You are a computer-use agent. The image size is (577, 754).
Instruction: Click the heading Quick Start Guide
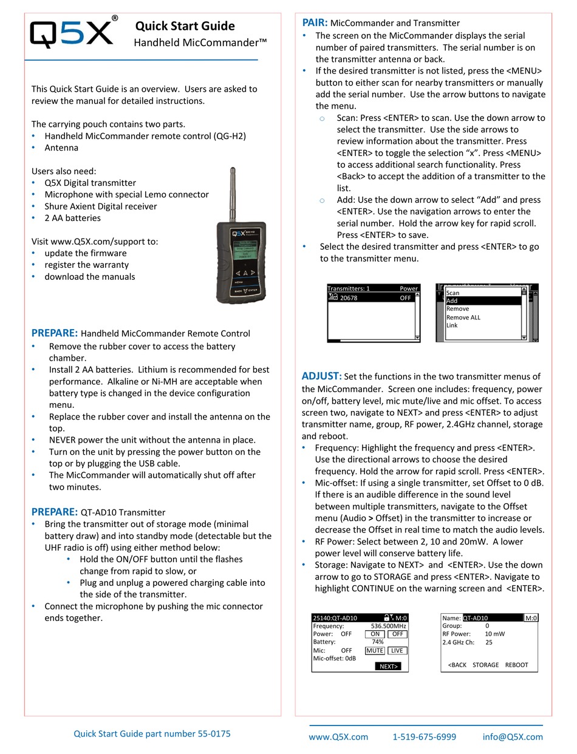pos(185,26)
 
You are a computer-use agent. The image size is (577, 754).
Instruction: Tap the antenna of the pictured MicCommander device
pos(233,195)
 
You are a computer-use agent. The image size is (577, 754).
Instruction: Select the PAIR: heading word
pos(315,22)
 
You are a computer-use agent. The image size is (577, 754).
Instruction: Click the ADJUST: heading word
pos(321,376)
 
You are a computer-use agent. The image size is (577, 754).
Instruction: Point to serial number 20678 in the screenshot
pos(349,298)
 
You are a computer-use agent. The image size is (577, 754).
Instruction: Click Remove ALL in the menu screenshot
pos(463,318)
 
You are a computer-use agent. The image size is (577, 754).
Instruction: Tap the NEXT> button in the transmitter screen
pos(388,666)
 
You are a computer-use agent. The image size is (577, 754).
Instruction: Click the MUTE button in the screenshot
pos(375,650)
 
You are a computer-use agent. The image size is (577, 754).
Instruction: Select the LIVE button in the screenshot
pos(397,650)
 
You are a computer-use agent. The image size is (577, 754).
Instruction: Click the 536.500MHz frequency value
pos(388,626)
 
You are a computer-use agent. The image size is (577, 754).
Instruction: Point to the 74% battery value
pos(377,642)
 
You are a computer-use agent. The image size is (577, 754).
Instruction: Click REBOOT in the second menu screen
pos(516,665)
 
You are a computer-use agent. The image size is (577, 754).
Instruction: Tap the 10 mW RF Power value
pos(494,634)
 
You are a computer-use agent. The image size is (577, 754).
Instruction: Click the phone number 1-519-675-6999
pos(424,737)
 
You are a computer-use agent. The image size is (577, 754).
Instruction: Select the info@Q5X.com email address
pos(513,737)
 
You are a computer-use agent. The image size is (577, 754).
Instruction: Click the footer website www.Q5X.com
pos(338,737)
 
